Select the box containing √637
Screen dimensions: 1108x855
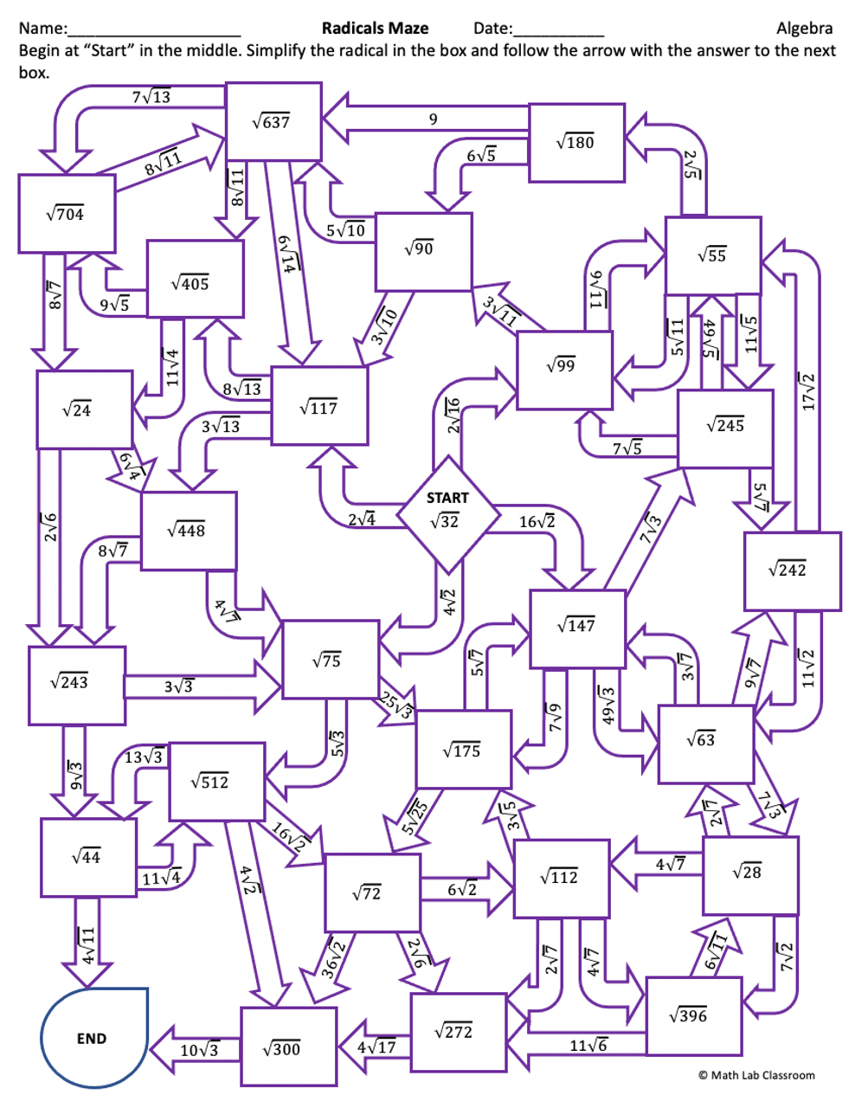(x=273, y=121)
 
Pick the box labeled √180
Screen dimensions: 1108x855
(x=576, y=143)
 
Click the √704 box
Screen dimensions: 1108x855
(x=67, y=214)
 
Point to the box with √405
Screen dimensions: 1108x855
(x=195, y=279)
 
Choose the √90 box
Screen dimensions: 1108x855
(x=423, y=251)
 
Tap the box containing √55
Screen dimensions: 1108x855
(x=713, y=255)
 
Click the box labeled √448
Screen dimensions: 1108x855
(x=189, y=531)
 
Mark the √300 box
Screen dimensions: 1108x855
(x=287, y=1047)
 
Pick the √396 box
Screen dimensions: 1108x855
(x=693, y=1016)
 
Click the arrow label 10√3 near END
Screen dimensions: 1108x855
(x=200, y=1051)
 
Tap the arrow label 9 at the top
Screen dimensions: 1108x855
(x=433, y=119)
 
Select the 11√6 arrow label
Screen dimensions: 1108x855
(x=588, y=1046)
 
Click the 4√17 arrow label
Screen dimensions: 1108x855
(x=376, y=1047)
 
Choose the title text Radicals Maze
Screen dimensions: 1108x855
(x=375, y=28)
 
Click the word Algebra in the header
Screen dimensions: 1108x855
(x=804, y=29)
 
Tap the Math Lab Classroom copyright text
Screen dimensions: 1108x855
(x=756, y=1075)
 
